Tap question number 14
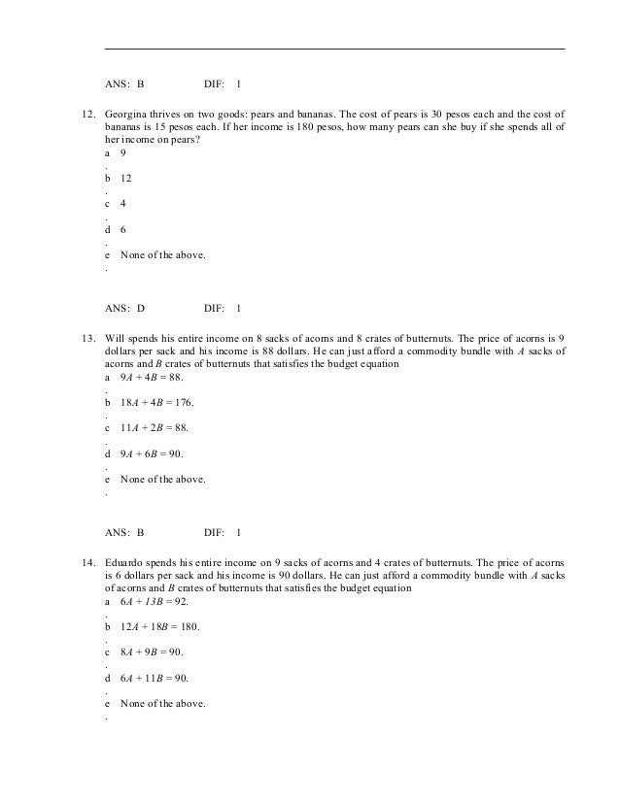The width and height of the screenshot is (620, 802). coord(86,562)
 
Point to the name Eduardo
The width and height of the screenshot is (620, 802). coord(127,562)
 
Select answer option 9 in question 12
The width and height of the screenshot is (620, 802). coord(122,153)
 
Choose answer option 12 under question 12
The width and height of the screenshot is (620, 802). coord(126,179)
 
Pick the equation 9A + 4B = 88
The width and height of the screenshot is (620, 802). coord(151,377)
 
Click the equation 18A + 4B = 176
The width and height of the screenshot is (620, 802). coord(156,402)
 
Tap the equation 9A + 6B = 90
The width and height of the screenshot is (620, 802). coord(151,453)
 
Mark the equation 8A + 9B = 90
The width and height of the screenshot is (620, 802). coord(151,652)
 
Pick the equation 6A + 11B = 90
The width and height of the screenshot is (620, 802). coord(154,678)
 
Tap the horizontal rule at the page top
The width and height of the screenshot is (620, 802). coord(334,49)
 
